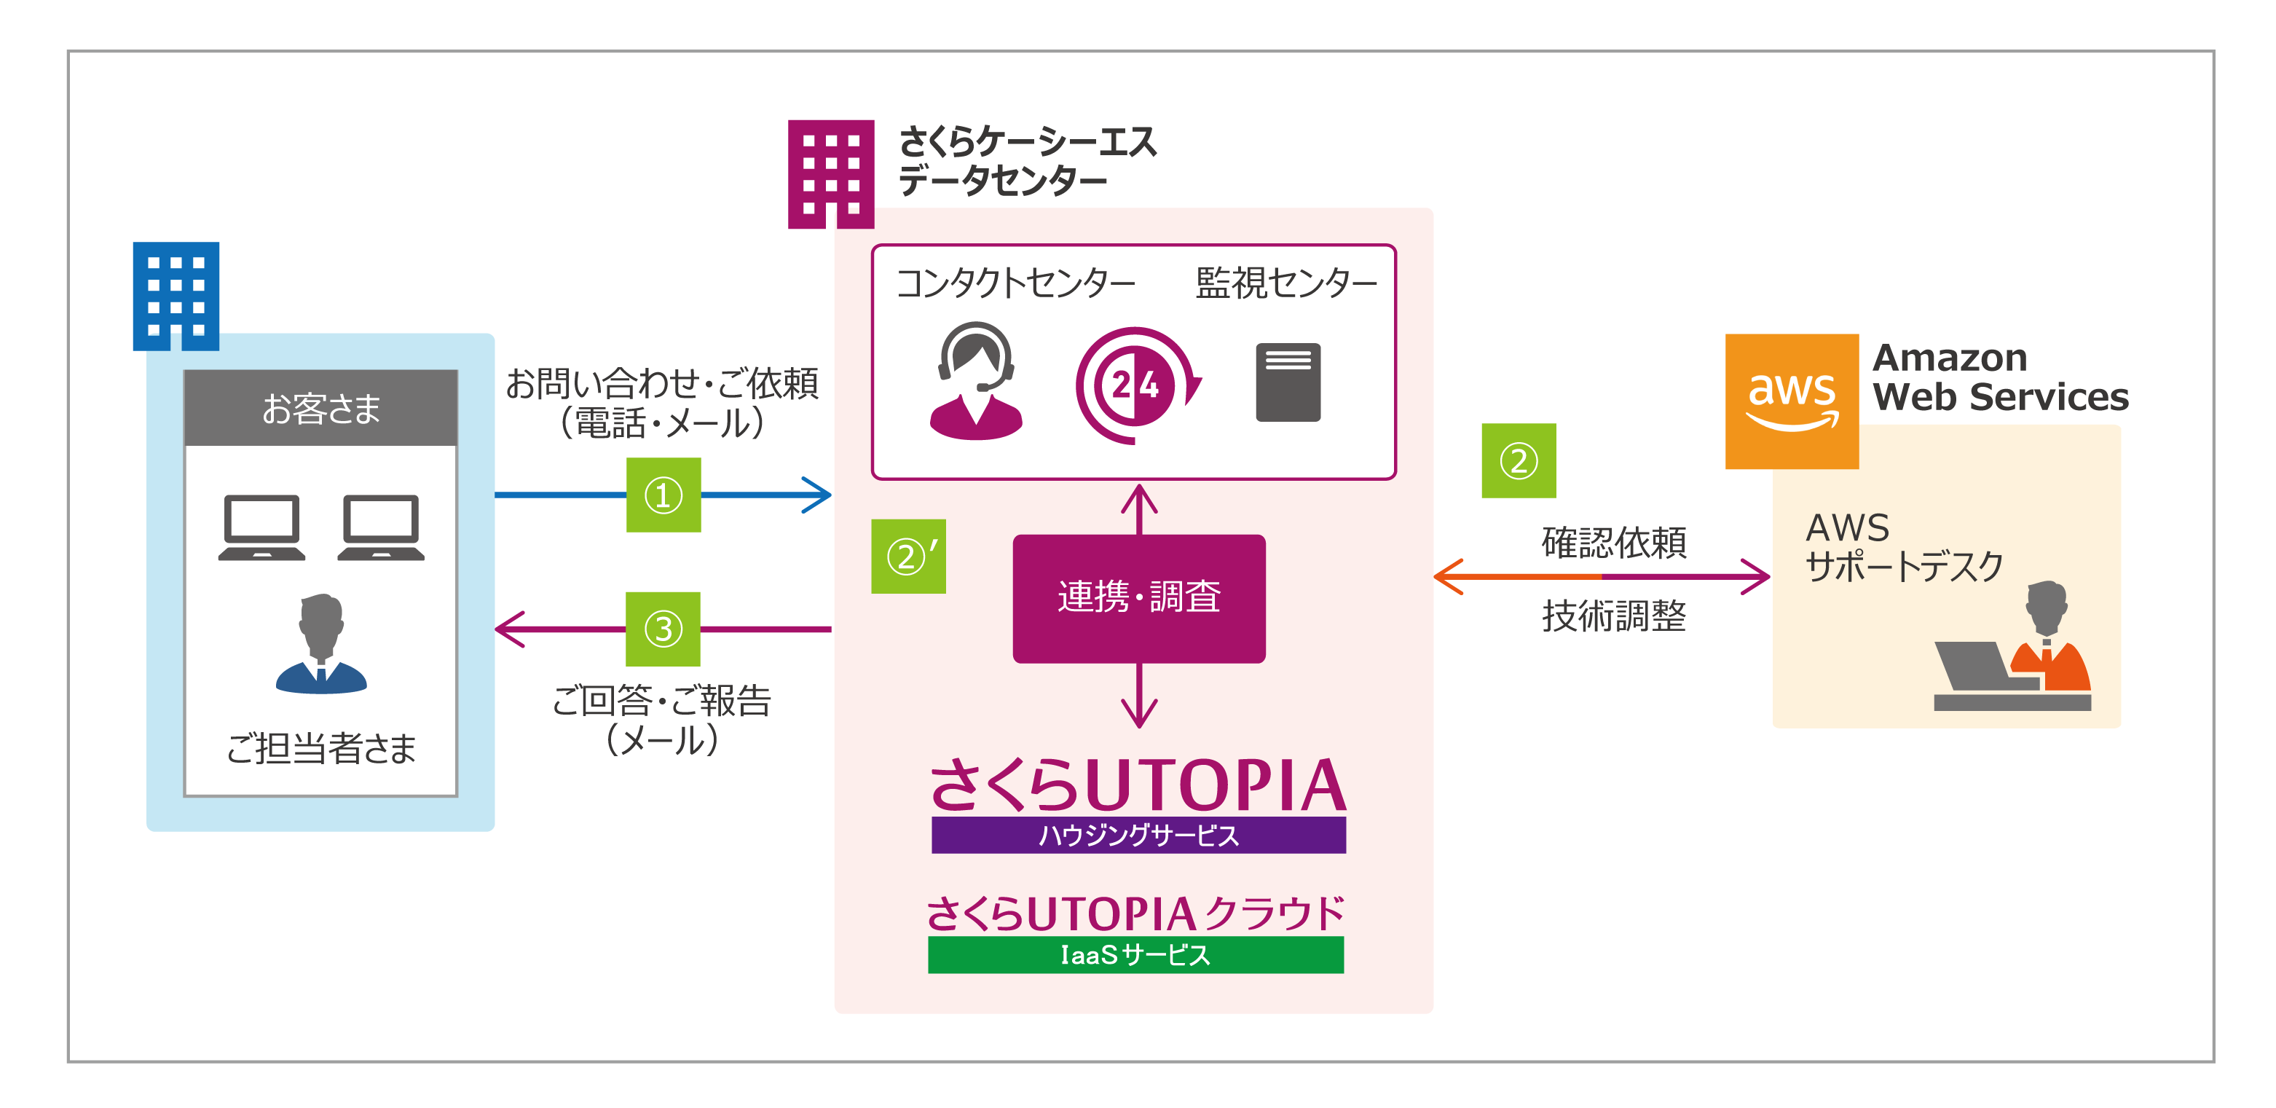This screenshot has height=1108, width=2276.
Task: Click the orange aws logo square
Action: pyautogui.click(x=1792, y=401)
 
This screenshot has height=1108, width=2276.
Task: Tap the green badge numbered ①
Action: pyautogui.click(x=663, y=495)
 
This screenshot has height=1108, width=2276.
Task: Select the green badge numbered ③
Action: pyautogui.click(x=663, y=629)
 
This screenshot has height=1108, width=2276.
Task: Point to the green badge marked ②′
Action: pyautogui.click(x=908, y=556)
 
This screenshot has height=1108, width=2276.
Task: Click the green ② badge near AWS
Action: pyautogui.click(x=1518, y=460)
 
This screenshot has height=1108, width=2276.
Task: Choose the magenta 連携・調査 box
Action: pyautogui.click(x=1139, y=598)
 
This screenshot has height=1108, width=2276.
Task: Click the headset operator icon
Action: pyautogui.click(x=975, y=381)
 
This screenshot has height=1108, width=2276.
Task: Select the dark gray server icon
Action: pyautogui.click(x=1288, y=382)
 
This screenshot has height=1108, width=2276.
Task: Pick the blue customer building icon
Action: pyautogui.click(x=176, y=296)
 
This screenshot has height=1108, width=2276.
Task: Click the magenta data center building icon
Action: pyautogui.click(x=830, y=174)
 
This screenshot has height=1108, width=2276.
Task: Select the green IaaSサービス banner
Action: pyautogui.click(x=1135, y=955)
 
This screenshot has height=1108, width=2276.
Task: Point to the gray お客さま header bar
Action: pyautogui.click(x=320, y=408)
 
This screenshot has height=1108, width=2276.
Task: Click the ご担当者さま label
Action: pyautogui.click(x=320, y=748)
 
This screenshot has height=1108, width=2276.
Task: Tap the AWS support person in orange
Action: pyautogui.click(x=2049, y=638)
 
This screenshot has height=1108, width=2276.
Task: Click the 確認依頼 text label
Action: pyautogui.click(x=1613, y=543)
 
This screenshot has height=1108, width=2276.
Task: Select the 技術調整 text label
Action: pyautogui.click(x=1613, y=616)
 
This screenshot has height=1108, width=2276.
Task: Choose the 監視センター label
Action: pyautogui.click(x=1285, y=283)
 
